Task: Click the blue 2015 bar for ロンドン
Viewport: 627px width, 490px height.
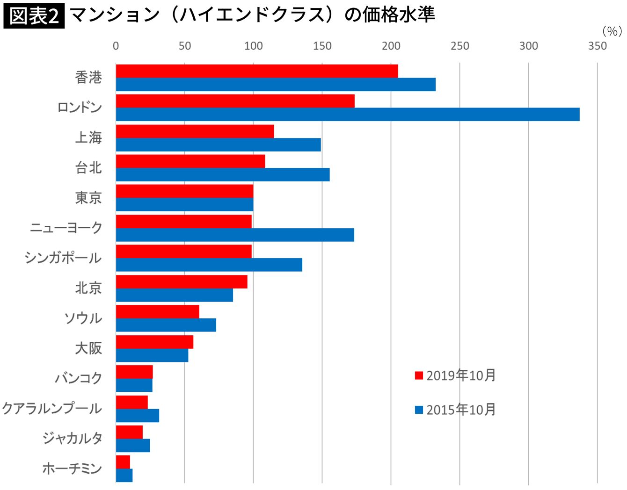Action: coord(347,115)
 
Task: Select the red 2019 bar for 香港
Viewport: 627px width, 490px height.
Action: coord(257,71)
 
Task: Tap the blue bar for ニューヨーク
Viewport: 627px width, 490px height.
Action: coord(235,235)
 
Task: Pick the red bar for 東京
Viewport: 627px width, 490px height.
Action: coord(184,191)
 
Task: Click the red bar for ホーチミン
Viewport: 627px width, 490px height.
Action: coord(123,462)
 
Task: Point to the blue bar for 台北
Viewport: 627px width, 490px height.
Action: coord(223,174)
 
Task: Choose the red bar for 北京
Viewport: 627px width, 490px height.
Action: coord(182,281)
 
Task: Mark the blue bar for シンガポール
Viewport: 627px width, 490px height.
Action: coord(209,265)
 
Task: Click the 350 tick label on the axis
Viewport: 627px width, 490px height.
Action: coord(597,46)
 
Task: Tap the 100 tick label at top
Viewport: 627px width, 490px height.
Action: coord(253,46)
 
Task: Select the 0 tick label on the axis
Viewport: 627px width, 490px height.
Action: coord(116,46)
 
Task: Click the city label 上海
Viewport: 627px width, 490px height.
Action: coord(88,137)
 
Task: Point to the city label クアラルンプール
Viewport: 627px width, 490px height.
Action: coord(52,408)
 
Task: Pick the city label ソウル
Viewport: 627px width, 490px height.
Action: coord(83,318)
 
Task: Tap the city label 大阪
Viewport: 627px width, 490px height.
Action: coord(88,348)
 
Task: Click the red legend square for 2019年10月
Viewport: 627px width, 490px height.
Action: coord(419,375)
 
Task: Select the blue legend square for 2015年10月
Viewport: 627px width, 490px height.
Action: coord(419,410)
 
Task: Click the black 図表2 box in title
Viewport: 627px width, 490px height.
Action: coord(34,16)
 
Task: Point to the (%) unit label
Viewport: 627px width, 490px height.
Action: coord(612,31)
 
